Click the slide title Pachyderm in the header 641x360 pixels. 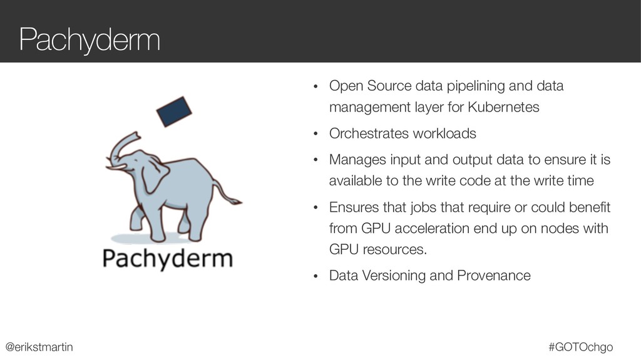pos(90,40)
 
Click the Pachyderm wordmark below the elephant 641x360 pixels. pos(167,258)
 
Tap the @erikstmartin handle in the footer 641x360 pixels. pos(39,346)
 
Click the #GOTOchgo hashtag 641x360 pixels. pos(580,346)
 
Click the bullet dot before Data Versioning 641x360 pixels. pos(316,276)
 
